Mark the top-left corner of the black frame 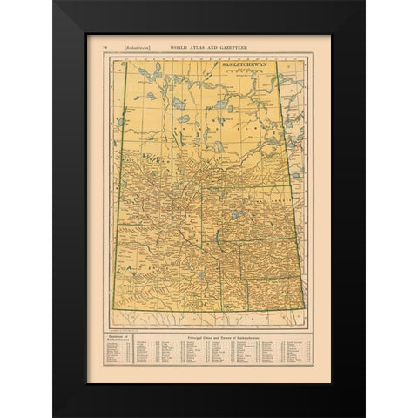(53, 2)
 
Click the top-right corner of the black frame (364, 2)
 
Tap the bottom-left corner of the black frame (53, 415)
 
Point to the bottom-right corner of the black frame (364, 415)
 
